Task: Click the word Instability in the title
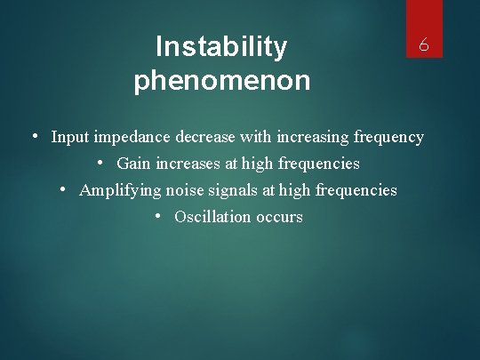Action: point(221,46)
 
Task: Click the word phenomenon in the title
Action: point(221,81)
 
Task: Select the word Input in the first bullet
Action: point(69,137)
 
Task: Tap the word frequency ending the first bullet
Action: point(388,138)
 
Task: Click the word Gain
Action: point(133,164)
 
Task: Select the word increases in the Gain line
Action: point(188,164)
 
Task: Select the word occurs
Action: point(278,217)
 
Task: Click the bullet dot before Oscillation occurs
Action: point(157,216)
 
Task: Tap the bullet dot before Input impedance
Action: point(33,136)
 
